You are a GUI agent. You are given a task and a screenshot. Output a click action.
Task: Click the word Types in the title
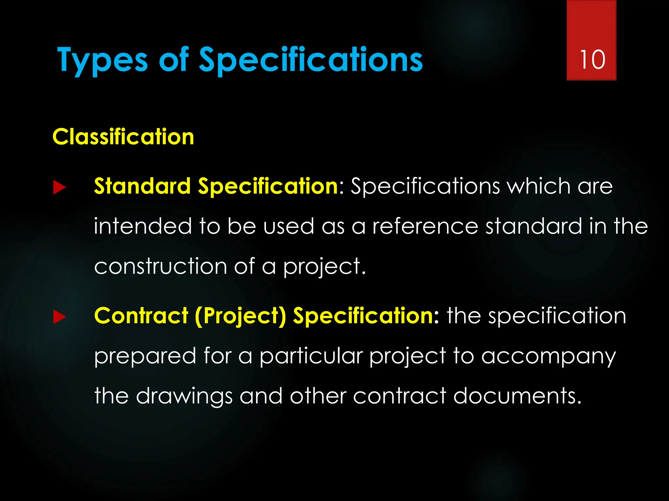coord(102,60)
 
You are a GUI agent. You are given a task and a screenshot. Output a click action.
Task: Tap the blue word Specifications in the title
coord(311,60)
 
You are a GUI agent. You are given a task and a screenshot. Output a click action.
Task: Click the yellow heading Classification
coord(123,137)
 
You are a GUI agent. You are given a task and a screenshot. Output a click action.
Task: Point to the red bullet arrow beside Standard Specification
coord(59,188)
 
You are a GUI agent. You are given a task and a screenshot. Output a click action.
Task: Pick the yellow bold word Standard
coord(142,186)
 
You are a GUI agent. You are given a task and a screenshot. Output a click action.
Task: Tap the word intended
coord(143,226)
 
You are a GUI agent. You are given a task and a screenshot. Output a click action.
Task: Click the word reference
coord(425,226)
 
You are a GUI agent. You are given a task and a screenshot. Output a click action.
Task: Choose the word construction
coord(160,266)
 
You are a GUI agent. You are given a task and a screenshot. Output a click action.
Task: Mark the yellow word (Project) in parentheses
coord(240,316)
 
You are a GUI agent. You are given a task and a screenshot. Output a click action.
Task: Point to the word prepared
coord(145,357)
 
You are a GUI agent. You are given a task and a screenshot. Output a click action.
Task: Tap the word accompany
coord(548,357)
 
